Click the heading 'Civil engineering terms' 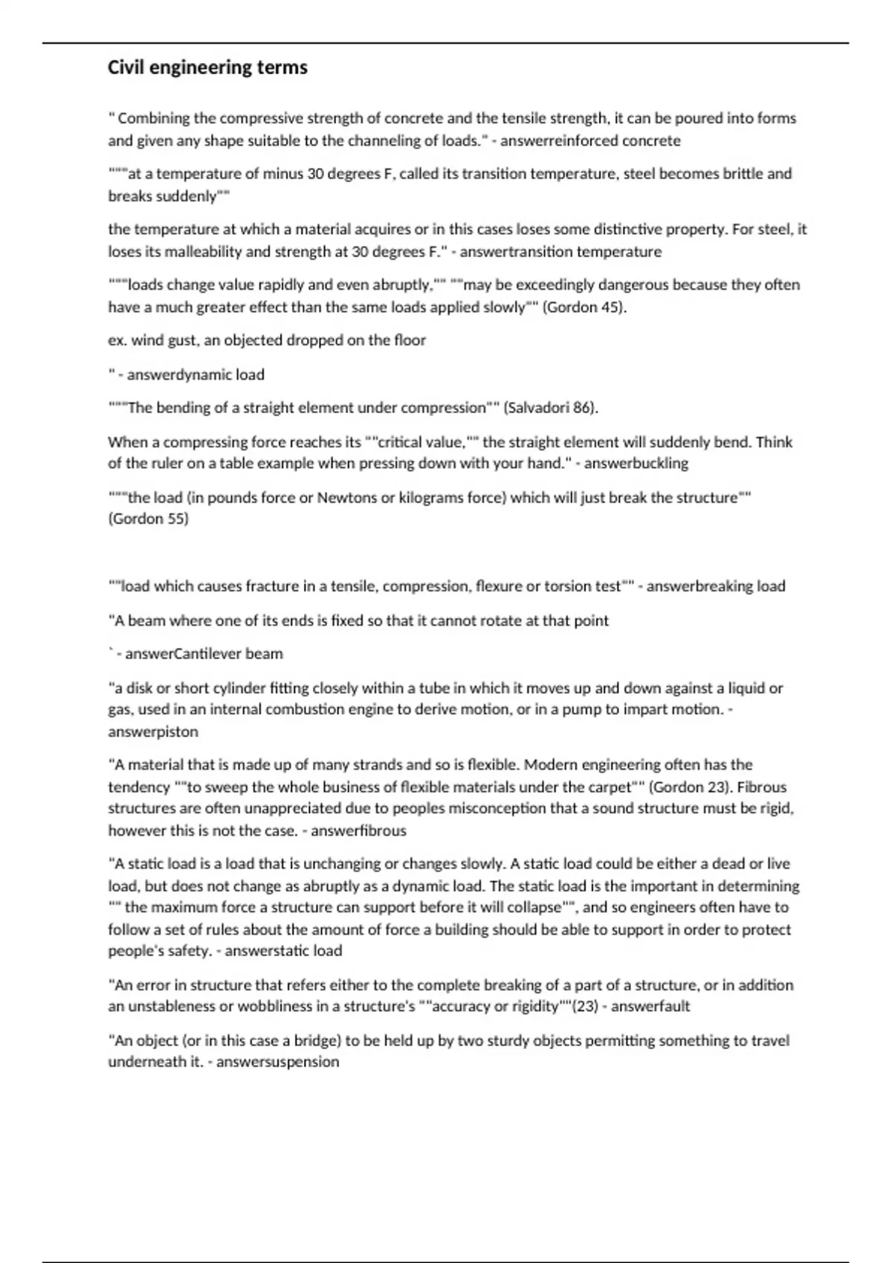[x=207, y=68]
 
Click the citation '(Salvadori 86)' [x=551, y=408]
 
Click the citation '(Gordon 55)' [x=149, y=519]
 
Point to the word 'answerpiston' [x=153, y=732]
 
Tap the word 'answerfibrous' [x=358, y=831]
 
